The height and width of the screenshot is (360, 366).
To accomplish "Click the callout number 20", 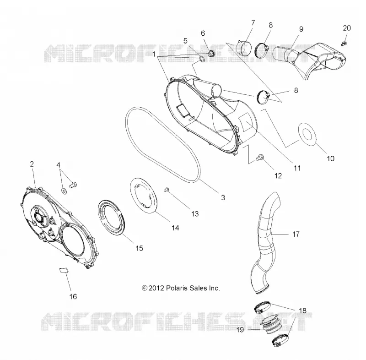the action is click(347, 28).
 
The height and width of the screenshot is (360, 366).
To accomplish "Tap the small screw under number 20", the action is click(344, 43).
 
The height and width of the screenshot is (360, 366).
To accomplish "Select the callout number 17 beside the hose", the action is click(296, 234).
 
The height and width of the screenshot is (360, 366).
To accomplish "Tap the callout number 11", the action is click(297, 168).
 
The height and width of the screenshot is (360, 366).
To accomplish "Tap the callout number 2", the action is click(32, 164).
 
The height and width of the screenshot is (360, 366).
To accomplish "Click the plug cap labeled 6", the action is click(211, 53).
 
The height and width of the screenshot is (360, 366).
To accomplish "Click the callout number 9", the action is click(301, 29).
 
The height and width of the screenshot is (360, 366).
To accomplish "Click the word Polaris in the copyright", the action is click(177, 288).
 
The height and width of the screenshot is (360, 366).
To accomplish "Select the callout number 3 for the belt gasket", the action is click(223, 198).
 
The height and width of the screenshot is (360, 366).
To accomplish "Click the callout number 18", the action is click(302, 311).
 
